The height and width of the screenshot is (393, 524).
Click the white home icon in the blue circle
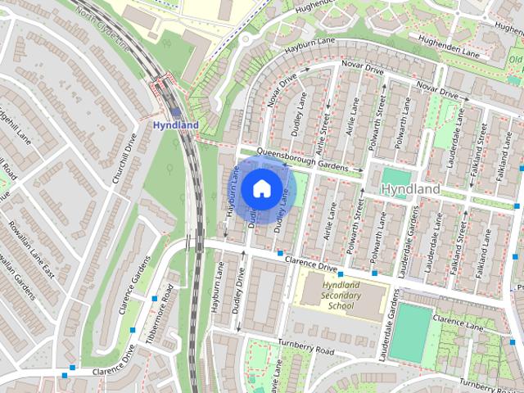click(260, 189)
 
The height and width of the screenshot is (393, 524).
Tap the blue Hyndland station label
click(176, 125)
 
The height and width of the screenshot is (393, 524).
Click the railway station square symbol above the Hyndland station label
click(176, 112)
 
